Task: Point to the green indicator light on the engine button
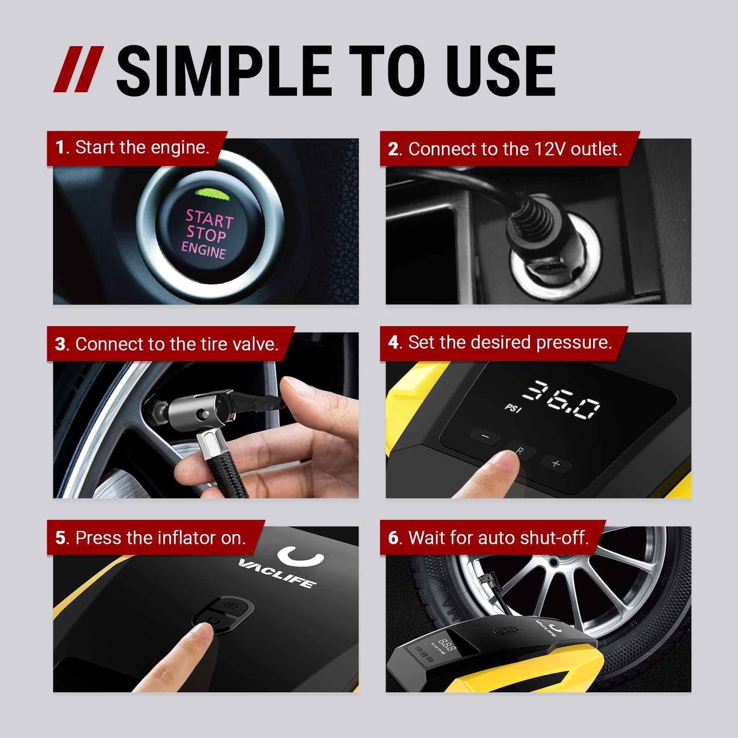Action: pyautogui.click(x=212, y=193)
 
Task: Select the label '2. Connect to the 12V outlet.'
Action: pyautogui.click(x=505, y=149)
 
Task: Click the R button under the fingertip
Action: pyautogui.click(x=520, y=451)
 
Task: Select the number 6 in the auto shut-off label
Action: pyautogui.click(x=393, y=538)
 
